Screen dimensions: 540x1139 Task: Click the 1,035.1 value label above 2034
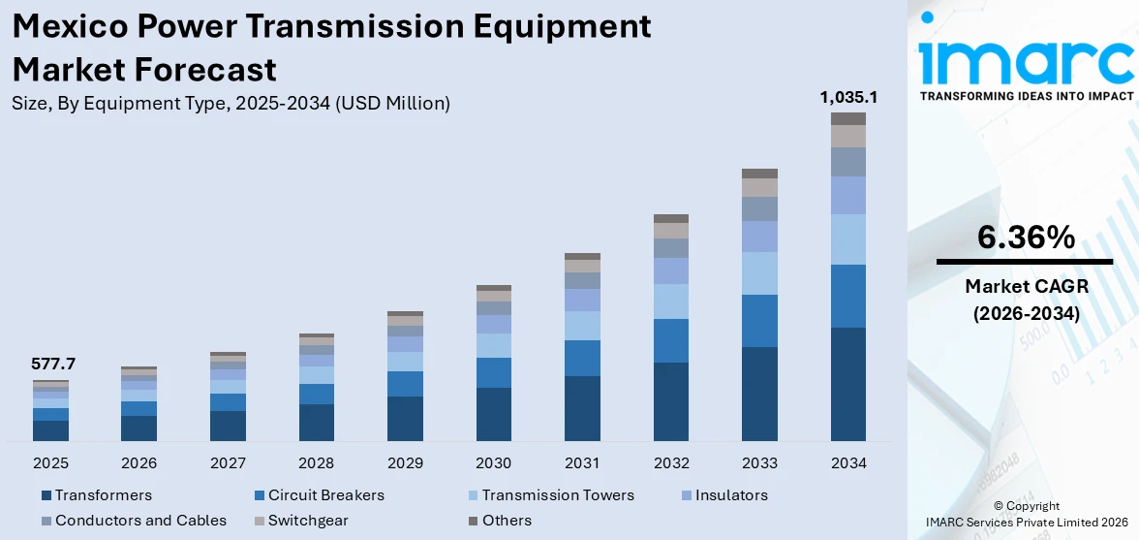(848, 97)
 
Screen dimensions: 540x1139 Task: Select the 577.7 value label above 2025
(54, 365)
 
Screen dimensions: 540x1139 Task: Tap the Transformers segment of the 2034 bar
(848, 384)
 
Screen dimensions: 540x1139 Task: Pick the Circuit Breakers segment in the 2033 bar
(759, 321)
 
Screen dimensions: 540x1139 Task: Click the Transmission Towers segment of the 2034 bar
(848, 239)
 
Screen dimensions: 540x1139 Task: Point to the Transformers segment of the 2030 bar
(494, 414)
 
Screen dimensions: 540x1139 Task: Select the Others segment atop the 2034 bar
(848, 118)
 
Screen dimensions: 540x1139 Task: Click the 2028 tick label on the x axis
(317, 463)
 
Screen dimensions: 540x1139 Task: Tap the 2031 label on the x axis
(582, 463)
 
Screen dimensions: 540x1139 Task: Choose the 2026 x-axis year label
(139, 463)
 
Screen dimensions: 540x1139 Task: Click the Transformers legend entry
(103, 495)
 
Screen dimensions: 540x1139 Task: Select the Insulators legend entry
(731, 495)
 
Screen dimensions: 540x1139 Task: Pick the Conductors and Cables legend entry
(140, 521)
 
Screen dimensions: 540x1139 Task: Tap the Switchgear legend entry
(308, 521)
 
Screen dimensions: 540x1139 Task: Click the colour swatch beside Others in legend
(473, 521)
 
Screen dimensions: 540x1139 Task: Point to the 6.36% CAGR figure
(1026, 237)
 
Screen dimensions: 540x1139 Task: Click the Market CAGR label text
(1026, 286)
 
